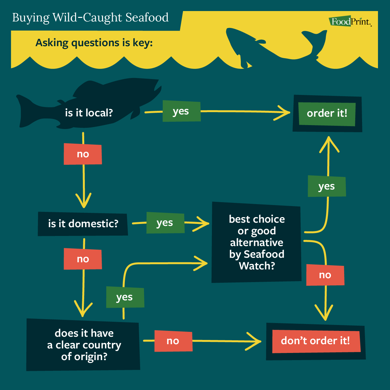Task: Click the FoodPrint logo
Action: pyautogui.click(x=350, y=22)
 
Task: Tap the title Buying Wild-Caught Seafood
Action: pyautogui.click(x=90, y=18)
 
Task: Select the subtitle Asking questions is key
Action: pyautogui.click(x=94, y=43)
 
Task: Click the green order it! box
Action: pyautogui.click(x=327, y=113)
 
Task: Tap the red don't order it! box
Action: pyautogui.click(x=316, y=341)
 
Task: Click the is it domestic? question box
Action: pyautogui.click(x=83, y=224)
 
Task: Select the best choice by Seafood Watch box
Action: pyautogui.click(x=256, y=242)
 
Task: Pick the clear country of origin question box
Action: pyautogui.click(x=84, y=345)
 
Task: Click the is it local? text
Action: pyautogui.click(x=89, y=113)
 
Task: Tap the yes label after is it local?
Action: pyautogui.click(x=181, y=111)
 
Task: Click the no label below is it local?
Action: pyautogui.click(x=83, y=154)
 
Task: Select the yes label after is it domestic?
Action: pyautogui.click(x=165, y=223)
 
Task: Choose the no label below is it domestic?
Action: pyautogui.click(x=83, y=259)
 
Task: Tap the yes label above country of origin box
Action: pyautogui.click(x=125, y=297)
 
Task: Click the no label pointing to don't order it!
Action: pyautogui.click(x=173, y=341)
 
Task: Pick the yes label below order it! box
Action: pyautogui.click(x=327, y=187)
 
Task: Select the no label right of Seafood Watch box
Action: pyautogui.click(x=325, y=275)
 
